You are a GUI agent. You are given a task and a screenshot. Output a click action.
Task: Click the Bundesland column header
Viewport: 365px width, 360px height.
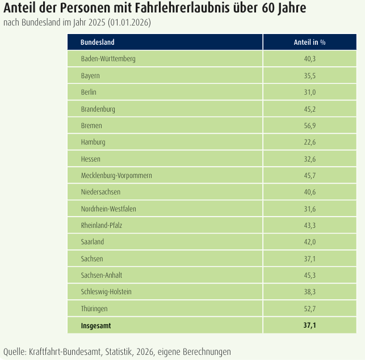pyautogui.click(x=97, y=42)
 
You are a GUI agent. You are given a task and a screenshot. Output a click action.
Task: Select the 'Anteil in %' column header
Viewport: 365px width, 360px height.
pyautogui.click(x=309, y=42)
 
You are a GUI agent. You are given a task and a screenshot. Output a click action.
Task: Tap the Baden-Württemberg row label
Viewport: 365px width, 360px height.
pyautogui.click(x=108, y=59)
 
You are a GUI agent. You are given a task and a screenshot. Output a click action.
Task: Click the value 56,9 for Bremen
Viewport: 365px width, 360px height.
pyautogui.click(x=309, y=126)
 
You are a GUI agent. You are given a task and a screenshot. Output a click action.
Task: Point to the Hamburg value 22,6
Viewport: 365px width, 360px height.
pyautogui.click(x=309, y=142)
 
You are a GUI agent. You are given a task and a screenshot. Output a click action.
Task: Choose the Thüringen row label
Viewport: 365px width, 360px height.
pyautogui.click(x=94, y=309)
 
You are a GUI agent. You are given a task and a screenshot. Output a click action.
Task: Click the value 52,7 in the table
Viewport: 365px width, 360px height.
pyautogui.click(x=309, y=308)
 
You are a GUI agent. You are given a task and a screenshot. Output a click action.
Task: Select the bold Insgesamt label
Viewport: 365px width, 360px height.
pyautogui.click(x=96, y=325)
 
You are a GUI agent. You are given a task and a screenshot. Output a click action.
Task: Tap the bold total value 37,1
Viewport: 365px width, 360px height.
pyautogui.click(x=309, y=325)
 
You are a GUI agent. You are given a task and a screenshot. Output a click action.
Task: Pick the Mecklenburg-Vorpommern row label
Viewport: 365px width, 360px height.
pyautogui.click(x=116, y=176)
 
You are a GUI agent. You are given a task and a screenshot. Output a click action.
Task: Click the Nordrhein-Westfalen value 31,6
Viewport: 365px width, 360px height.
pyautogui.click(x=309, y=209)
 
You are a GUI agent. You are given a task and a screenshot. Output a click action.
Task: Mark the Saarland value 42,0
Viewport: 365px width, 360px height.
pyautogui.click(x=309, y=242)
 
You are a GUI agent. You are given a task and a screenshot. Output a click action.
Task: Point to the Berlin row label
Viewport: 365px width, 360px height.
pyautogui.click(x=89, y=92)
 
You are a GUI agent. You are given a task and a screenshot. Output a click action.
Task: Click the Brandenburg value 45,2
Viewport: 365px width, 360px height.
pyautogui.click(x=309, y=109)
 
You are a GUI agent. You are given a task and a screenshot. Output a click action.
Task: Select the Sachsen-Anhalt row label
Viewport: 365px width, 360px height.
pyautogui.click(x=101, y=275)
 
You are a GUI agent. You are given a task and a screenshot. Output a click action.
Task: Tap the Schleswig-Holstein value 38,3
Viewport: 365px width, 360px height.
pyautogui.click(x=309, y=291)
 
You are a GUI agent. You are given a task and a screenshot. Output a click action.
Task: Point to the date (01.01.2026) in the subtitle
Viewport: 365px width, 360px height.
pyautogui.click(x=129, y=22)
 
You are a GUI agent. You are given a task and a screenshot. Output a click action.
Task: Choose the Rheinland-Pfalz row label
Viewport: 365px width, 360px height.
pyautogui.click(x=101, y=225)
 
